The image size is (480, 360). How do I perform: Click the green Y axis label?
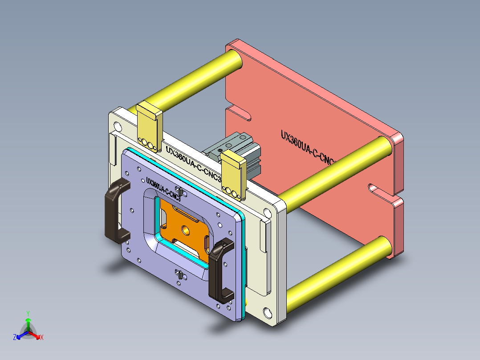(28, 313)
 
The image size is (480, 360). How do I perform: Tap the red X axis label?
(42, 337)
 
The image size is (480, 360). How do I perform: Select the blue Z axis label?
(15, 337)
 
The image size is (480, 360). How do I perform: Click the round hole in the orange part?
(184, 230)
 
